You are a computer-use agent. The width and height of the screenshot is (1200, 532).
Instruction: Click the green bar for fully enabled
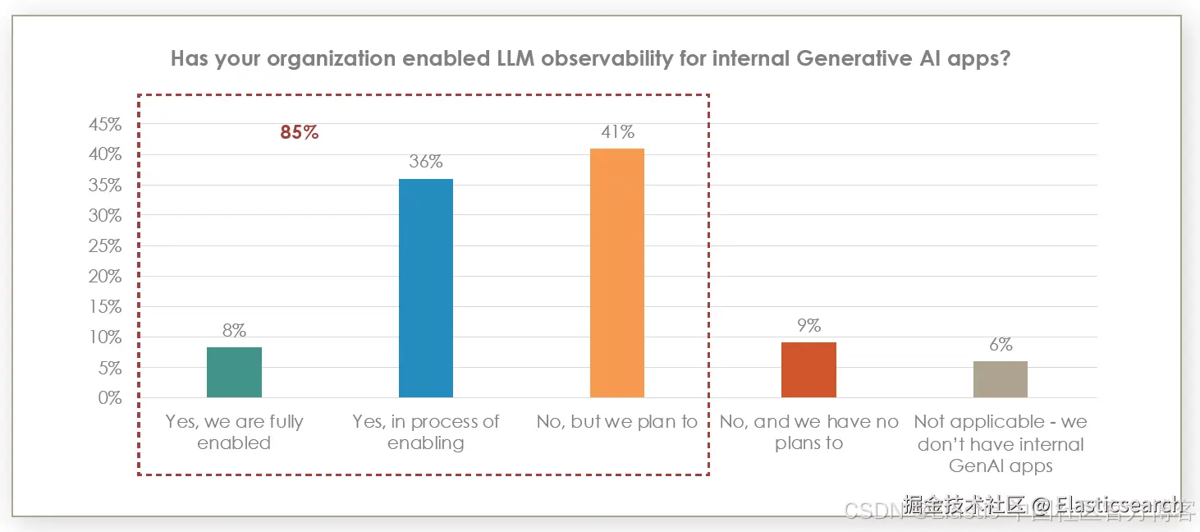pyautogui.click(x=234, y=373)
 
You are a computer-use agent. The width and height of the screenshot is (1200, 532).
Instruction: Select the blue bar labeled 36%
pyautogui.click(x=425, y=288)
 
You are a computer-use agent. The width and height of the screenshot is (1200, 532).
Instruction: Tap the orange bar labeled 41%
pyautogui.click(x=617, y=273)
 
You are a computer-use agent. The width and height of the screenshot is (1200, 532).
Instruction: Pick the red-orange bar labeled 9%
pyautogui.click(x=808, y=370)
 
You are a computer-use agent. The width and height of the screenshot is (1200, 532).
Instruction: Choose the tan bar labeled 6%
pyautogui.click(x=1000, y=379)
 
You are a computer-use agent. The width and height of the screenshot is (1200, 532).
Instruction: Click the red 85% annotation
pyautogui.click(x=299, y=132)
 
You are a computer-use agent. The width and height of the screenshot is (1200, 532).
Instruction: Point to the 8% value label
pyautogui.click(x=234, y=331)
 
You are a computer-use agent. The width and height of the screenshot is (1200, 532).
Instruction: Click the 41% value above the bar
pyautogui.click(x=617, y=132)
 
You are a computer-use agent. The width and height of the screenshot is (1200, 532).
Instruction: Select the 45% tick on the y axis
pyautogui.click(x=105, y=125)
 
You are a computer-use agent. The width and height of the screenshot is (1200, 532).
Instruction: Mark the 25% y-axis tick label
pyautogui.click(x=105, y=246)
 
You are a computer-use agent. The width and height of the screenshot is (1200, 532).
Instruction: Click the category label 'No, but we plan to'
pyautogui.click(x=617, y=422)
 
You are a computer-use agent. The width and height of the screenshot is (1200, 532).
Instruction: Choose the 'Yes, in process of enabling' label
pyautogui.click(x=425, y=433)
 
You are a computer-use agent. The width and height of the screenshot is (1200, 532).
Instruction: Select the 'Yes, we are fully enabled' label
pyautogui.click(x=234, y=433)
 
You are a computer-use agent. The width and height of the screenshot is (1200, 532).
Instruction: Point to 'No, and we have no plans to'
pyautogui.click(x=808, y=433)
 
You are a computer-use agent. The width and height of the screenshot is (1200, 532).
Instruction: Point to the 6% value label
pyautogui.click(x=1000, y=345)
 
